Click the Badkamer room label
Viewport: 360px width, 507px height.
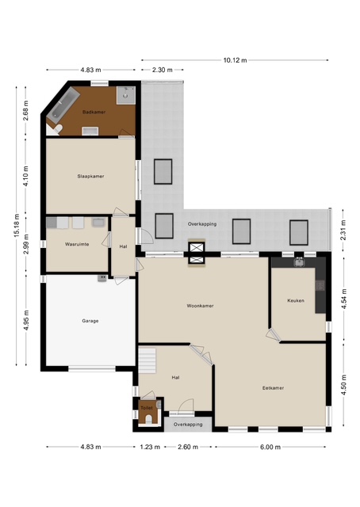(x=94, y=112)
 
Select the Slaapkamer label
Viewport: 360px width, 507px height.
(x=90, y=176)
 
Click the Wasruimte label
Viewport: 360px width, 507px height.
(x=77, y=244)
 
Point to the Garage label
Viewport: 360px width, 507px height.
(x=90, y=321)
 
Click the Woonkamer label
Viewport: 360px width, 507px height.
(x=200, y=306)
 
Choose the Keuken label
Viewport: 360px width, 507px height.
(x=296, y=300)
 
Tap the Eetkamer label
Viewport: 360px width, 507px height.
(x=273, y=387)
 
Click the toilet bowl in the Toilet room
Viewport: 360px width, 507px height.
(x=149, y=419)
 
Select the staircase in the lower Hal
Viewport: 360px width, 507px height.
(x=147, y=360)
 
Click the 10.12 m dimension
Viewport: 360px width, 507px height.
(x=235, y=60)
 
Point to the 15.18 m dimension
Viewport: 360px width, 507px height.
(x=17, y=225)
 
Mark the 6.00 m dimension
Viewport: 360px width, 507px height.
(x=270, y=447)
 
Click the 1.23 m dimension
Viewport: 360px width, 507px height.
(x=150, y=447)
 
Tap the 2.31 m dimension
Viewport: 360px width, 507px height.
(x=343, y=230)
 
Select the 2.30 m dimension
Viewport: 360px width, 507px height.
(x=163, y=70)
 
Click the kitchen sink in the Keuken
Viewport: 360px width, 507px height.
(x=299, y=261)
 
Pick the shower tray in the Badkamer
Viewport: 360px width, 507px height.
(x=125, y=95)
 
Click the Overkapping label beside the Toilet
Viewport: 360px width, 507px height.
(x=188, y=425)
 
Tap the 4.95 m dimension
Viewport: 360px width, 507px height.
(x=26, y=320)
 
